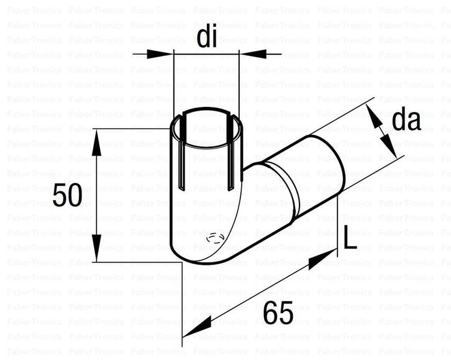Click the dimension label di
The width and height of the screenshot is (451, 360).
coord(206,38)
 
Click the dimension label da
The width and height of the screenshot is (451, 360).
coord(406,121)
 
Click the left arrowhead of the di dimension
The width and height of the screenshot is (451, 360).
coord(163,54)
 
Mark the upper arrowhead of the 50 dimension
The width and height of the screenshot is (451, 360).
coord(96,140)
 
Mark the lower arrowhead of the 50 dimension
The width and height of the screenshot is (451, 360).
coord(96,251)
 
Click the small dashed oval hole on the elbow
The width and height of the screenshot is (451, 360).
coord(214,238)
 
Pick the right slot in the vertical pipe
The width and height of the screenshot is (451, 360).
coord(231,159)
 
